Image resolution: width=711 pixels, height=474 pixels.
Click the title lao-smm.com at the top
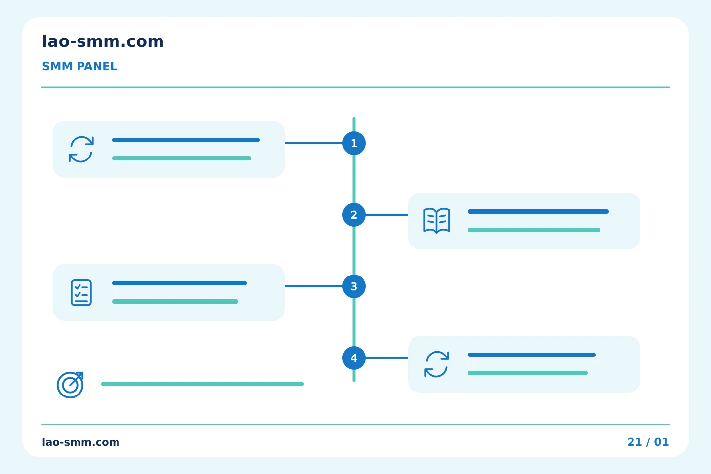coord(103,41)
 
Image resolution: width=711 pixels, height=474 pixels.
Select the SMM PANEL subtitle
coord(79,66)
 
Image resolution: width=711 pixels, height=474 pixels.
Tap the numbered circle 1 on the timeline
coord(354,143)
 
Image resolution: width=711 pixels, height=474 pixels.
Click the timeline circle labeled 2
coord(354,215)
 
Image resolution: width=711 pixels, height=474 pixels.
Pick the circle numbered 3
coord(354,286)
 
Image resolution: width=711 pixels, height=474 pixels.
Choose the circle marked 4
coord(354,358)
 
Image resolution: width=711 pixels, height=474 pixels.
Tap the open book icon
coord(436,221)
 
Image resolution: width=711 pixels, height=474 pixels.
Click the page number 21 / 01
coord(648,442)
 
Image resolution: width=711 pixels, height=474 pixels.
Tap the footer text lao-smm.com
coord(80,442)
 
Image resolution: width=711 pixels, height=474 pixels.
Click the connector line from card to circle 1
coord(313,143)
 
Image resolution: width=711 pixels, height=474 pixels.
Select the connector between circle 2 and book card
coord(387,215)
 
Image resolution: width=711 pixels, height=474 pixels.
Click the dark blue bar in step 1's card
coord(186,140)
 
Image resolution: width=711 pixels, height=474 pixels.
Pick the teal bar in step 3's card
coord(175,301)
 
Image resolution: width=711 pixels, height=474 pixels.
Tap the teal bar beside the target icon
coord(202,384)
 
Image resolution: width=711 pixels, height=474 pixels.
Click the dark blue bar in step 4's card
coord(532,355)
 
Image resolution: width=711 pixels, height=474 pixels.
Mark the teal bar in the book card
coord(534,230)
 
